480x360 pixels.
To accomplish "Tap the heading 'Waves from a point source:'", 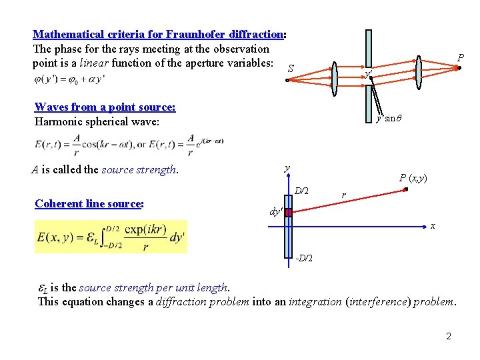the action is [x=105, y=107].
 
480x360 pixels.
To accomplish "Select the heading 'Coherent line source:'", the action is [x=89, y=203].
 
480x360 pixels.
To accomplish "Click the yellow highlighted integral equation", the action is [x=111, y=237].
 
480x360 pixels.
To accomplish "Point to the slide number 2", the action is [x=449, y=336].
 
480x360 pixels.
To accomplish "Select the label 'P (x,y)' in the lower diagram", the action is [x=413, y=177].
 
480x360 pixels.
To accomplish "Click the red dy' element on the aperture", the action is [x=288, y=212].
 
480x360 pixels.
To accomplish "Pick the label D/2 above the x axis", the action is [x=301, y=191].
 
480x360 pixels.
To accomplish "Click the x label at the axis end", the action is [x=433, y=226].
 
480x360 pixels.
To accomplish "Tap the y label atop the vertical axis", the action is [x=287, y=168].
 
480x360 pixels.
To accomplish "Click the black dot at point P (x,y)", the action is [x=405, y=189].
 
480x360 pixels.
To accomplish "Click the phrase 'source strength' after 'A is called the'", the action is [x=139, y=169].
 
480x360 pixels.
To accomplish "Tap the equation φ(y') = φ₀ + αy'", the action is [x=68, y=79].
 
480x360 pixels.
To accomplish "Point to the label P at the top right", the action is [x=460, y=59].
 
